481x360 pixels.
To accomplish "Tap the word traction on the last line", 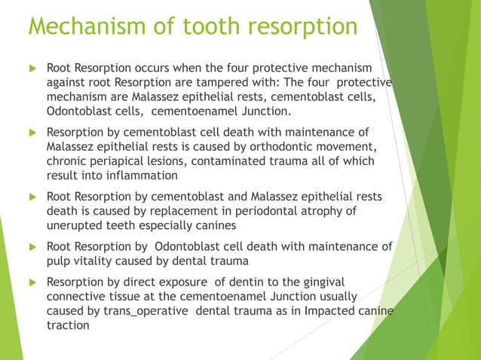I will (68, 325).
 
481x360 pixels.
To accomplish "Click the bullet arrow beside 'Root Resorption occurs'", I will (31, 69).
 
